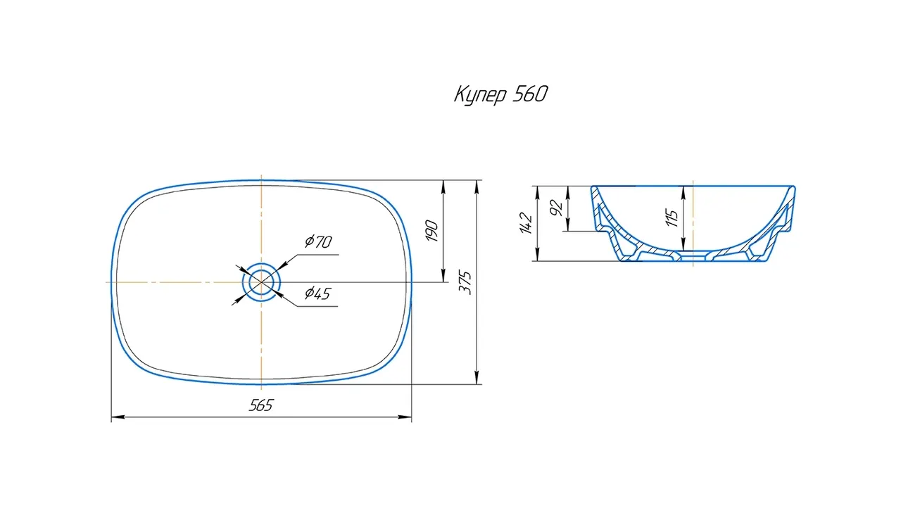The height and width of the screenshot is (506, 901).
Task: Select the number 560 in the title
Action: pos(531,94)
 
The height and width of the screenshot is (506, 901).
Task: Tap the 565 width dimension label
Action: pos(261,405)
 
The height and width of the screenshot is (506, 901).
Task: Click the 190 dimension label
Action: pos(431,230)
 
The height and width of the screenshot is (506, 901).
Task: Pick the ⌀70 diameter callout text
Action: pos(318,241)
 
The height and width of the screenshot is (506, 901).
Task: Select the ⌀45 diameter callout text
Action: pos(317,293)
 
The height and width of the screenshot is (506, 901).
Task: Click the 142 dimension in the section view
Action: pos(526,223)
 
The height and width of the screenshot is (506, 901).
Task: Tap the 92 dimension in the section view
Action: pos(556,208)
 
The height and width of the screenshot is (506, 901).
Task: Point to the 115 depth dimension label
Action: pos(672,217)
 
